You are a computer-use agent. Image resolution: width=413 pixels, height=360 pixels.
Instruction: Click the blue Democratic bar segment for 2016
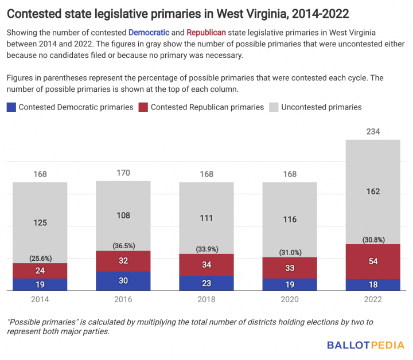(123, 281)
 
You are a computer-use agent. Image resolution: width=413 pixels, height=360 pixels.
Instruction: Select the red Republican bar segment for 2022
(372, 261)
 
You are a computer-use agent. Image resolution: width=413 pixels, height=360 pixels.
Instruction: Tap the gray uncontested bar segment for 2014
(40, 222)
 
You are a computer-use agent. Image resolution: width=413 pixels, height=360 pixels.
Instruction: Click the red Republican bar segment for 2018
(206, 265)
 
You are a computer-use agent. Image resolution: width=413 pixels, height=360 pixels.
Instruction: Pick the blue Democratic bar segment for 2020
(289, 284)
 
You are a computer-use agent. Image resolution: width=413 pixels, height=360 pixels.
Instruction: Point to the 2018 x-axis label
(206, 299)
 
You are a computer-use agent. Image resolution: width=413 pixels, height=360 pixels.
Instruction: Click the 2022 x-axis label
(372, 299)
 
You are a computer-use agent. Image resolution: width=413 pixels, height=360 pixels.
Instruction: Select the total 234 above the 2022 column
(372, 132)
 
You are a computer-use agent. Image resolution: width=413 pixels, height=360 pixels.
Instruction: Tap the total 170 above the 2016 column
(123, 173)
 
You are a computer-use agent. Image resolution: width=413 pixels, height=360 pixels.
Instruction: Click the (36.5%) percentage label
(123, 245)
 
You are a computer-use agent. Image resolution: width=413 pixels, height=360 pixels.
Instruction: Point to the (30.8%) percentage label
(372, 239)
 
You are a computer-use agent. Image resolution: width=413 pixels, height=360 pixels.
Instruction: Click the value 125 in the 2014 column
(40, 222)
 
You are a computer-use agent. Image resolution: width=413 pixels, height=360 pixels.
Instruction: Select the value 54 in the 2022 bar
(372, 261)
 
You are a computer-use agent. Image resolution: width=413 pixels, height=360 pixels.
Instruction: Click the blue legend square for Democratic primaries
(11, 107)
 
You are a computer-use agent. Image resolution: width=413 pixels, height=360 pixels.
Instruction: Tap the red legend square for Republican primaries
(143, 107)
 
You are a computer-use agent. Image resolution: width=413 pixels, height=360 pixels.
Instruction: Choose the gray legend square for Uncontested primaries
(274, 107)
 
